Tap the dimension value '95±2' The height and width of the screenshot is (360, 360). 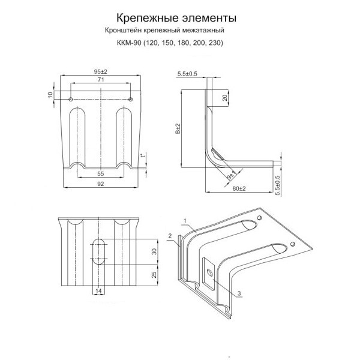[100, 72]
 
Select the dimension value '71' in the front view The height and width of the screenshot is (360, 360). [101, 80]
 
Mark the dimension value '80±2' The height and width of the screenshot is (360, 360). [238, 189]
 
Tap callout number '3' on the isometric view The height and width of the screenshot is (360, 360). [239, 294]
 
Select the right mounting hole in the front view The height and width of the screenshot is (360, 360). [130, 98]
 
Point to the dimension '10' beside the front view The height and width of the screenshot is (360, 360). [51, 94]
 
